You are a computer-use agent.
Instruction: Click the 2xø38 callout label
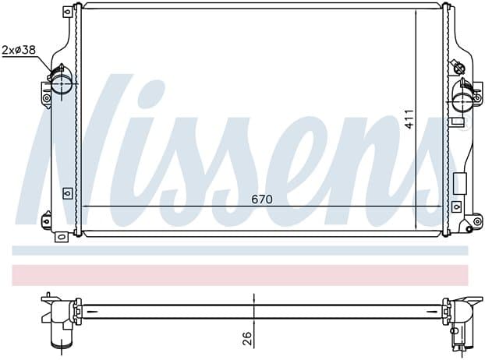point(19,50)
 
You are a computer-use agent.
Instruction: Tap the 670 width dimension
point(262,199)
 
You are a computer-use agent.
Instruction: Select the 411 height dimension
point(409,119)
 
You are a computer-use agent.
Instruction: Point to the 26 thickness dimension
point(246,339)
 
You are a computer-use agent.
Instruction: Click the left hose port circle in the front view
point(62,83)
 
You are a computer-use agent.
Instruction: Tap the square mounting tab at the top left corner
point(67,12)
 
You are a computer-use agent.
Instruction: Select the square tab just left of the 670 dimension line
point(67,193)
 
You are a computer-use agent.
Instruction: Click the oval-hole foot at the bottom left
point(61,237)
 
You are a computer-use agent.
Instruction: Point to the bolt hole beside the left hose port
point(47,98)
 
